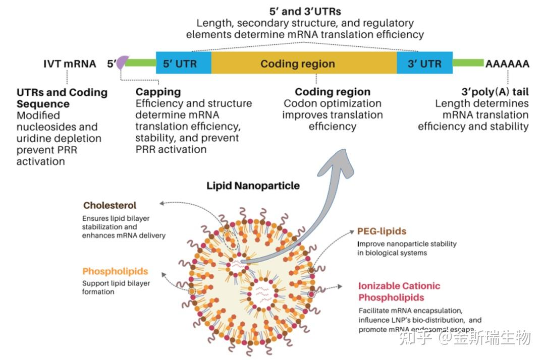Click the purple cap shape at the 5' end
121,63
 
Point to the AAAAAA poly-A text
507,64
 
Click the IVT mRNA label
70,64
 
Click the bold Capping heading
158,92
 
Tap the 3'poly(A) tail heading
495,92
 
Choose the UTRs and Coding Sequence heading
62,98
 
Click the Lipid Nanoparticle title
253,186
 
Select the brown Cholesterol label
110,206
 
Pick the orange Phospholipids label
115,271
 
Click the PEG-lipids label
381,231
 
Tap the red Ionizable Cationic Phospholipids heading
399,291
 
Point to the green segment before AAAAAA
468,63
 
